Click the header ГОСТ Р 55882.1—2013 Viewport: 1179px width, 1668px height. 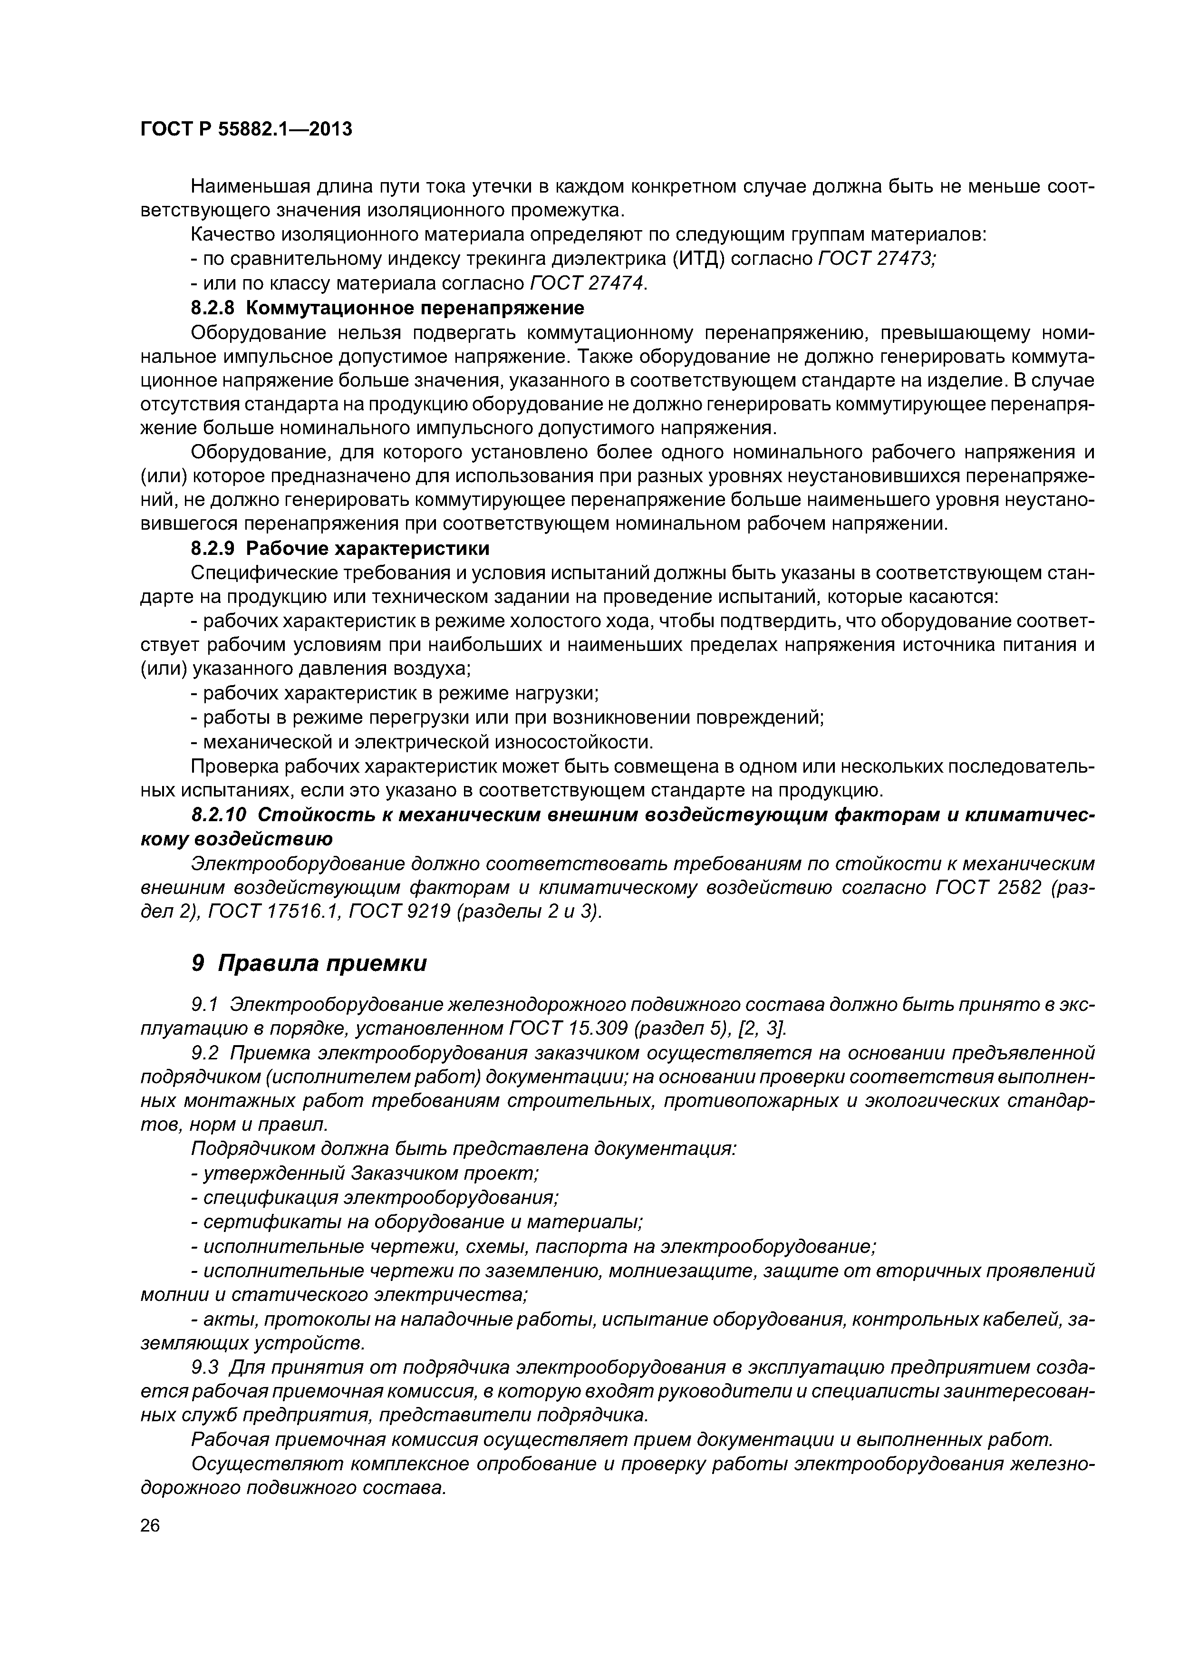[245, 129]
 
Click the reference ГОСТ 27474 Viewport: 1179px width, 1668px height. [589, 282]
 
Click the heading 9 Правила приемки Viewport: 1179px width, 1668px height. [309, 963]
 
